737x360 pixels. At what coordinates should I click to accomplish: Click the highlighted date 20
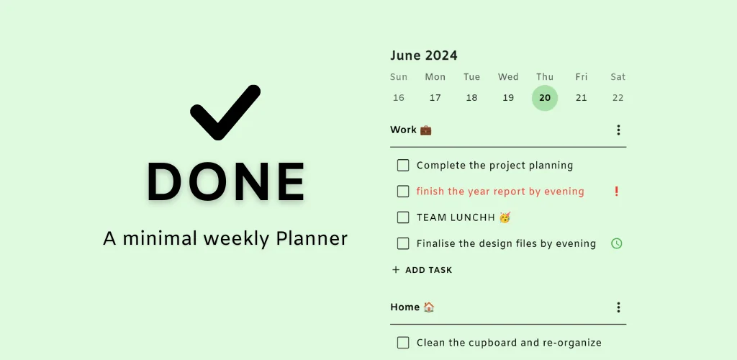point(545,98)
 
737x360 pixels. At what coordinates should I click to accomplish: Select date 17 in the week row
point(435,98)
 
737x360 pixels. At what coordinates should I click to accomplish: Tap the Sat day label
point(618,76)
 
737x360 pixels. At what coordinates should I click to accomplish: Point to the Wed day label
point(508,76)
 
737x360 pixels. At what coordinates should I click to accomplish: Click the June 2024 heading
point(423,55)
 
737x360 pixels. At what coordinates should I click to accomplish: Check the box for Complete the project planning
point(403,166)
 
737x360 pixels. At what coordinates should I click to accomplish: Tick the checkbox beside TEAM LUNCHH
point(403,217)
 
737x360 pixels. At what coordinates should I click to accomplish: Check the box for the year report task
point(403,192)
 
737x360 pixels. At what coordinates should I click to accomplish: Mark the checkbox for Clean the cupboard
point(403,343)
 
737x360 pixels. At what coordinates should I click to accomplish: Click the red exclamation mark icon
point(617,192)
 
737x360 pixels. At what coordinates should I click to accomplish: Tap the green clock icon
point(616,243)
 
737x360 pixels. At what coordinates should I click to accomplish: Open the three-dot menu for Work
point(618,130)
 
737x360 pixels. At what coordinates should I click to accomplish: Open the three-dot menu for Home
point(618,307)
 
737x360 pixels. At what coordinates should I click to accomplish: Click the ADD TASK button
point(422,270)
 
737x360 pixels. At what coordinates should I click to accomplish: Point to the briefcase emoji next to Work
point(426,130)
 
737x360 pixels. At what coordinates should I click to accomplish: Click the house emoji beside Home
point(429,307)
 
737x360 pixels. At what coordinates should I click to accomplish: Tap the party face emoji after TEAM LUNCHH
point(505,217)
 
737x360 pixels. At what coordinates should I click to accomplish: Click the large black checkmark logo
point(225,113)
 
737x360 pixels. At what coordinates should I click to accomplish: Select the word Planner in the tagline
point(312,238)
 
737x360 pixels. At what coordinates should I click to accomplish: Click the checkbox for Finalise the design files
point(403,243)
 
